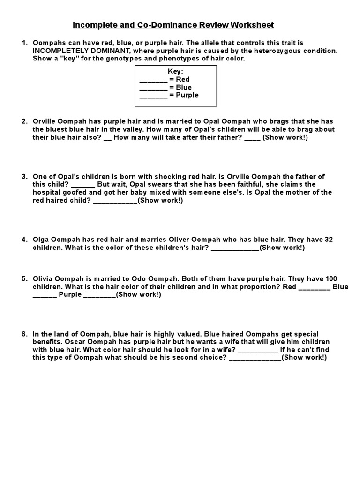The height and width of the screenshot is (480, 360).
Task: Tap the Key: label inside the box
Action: [x=176, y=72]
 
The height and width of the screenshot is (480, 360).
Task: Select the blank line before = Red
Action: [x=153, y=80]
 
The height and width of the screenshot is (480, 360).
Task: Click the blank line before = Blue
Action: [x=153, y=88]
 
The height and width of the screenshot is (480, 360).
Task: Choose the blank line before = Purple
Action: [x=153, y=95]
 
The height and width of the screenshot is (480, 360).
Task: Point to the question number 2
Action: [x=24, y=121]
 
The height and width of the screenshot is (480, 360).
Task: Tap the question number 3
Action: [x=24, y=177]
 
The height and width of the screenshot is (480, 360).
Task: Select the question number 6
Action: [x=24, y=334]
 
